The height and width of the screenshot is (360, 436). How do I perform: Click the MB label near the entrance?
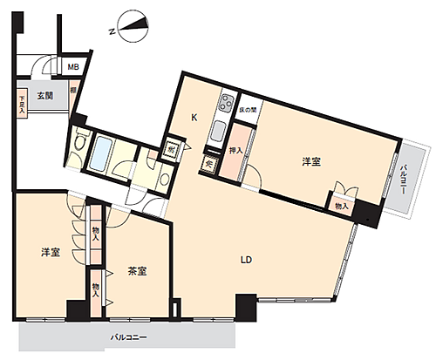click(75, 65)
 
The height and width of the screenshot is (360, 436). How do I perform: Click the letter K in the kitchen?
click(194, 119)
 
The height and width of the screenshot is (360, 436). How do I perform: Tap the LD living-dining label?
click(248, 259)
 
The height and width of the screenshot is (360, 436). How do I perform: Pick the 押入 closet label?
click(235, 150)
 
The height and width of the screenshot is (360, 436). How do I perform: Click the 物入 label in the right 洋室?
click(341, 205)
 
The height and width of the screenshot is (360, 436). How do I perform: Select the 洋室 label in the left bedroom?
click(50, 252)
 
